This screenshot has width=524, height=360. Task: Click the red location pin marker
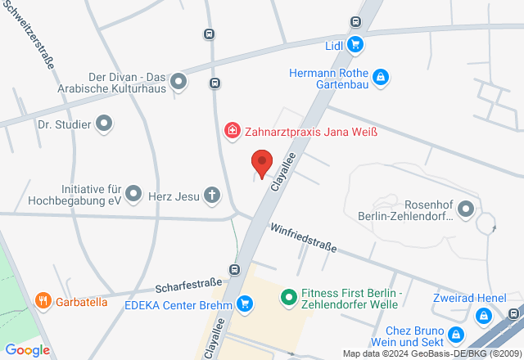point(261,164)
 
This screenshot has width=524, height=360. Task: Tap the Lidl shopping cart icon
point(355,44)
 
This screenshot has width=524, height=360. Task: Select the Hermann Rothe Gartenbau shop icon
point(380,78)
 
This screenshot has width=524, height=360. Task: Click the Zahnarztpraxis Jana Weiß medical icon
point(233,130)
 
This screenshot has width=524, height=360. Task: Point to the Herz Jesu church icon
point(212,196)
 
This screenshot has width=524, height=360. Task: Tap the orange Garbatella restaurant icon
point(43,301)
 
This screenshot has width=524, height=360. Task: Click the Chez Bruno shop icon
point(457,334)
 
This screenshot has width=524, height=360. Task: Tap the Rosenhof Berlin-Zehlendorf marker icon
point(466,209)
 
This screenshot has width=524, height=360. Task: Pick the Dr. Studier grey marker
point(104,124)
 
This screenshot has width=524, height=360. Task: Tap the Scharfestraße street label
point(188,287)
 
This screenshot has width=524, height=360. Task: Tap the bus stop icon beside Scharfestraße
point(235,269)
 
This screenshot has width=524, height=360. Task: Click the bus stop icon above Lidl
point(355,22)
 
